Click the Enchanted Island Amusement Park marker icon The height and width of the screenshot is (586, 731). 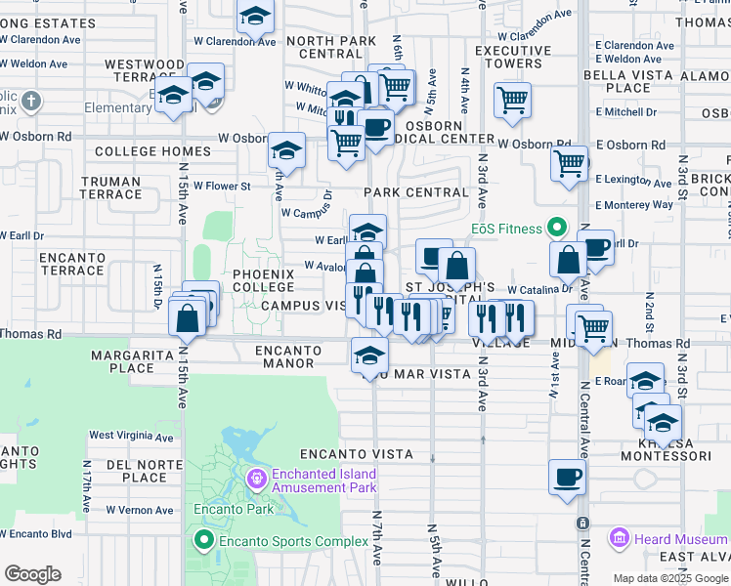coord(257,479)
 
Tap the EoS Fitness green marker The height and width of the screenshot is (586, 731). coord(557,229)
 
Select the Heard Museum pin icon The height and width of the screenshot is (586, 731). coord(618,538)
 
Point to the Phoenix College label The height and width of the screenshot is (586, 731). coord(263,280)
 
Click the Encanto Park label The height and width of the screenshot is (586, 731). coord(220,509)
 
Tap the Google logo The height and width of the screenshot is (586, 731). coord(32,574)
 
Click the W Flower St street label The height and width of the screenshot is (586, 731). coord(222,186)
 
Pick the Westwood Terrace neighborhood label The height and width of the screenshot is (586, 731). coord(145,70)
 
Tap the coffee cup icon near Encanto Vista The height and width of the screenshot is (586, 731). coord(567,477)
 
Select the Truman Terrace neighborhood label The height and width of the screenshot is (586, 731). coord(111,188)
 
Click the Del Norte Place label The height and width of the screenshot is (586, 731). coord(144,471)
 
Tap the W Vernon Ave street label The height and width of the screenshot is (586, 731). coord(140,510)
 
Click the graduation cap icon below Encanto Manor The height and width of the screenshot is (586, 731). coord(369,356)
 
